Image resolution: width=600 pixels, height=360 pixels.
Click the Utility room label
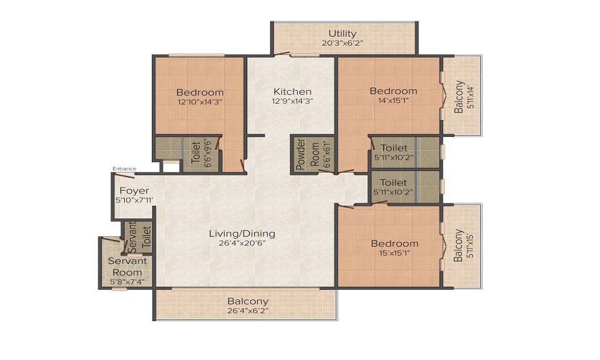click(x=342, y=34)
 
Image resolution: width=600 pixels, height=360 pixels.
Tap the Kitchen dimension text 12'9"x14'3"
click(x=292, y=101)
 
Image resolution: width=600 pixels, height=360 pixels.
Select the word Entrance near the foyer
click(x=124, y=169)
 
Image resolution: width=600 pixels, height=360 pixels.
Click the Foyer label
click(x=130, y=191)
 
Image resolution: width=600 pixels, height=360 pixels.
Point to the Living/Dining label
click(x=242, y=233)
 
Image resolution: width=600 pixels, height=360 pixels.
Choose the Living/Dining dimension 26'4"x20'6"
click(x=242, y=243)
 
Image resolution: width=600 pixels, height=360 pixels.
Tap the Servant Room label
click(x=127, y=266)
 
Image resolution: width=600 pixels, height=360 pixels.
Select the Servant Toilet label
click(x=139, y=236)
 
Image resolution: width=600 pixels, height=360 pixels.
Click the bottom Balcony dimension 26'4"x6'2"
click(x=247, y=311)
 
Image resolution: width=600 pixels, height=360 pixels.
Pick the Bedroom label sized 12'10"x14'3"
click(x=200, y=92)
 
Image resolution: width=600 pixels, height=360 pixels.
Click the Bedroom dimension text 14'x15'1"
click(x=393, y=101)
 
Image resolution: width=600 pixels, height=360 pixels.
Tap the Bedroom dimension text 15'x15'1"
click(x=394, y=253)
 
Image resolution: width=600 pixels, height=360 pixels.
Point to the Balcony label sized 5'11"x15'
click(x=458, y=245)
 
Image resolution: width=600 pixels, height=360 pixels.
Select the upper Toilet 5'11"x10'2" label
click(x=394, y=148)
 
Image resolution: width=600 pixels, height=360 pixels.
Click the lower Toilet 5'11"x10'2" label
click(x=394, y=182)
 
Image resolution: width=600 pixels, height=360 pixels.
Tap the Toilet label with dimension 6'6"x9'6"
click(x=195, y=154)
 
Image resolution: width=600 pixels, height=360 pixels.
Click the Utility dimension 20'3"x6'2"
click(x=342, y=43)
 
